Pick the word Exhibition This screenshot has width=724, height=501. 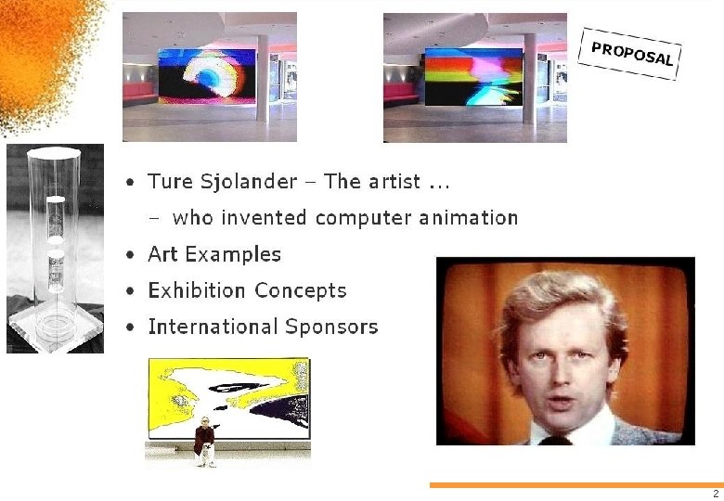pyautogui.click(x=197, y=290)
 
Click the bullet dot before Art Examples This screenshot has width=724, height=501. pyautogui.click(x=134, y=255)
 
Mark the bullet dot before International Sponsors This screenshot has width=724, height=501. pyautogui.click(x=134, y=328)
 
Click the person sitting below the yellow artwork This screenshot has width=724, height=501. pyautogui.click(x=205, y=441)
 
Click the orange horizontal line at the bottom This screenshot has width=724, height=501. pyautogui.click(x=575, y=484)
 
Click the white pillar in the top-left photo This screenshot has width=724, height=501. pyautogui.click(x=263, y=79)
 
